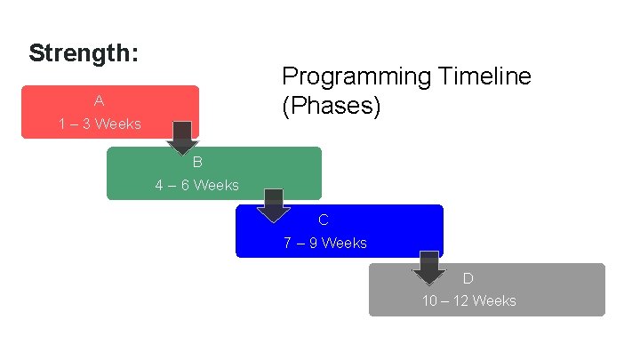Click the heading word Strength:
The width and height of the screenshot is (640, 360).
84,53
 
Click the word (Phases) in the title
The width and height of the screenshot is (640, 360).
332,107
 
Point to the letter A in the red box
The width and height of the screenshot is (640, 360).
100,101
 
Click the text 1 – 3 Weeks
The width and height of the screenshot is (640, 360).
100,124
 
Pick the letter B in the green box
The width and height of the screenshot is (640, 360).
197,163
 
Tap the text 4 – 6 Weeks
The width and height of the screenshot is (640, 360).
196,185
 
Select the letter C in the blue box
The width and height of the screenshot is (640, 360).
324,220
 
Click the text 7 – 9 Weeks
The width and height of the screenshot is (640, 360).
325,243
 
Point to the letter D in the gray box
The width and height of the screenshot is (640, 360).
468,278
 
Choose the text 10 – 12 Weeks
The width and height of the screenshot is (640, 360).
468,300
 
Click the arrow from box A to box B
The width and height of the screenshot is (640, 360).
183,138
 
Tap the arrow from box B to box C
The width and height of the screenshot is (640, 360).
274,205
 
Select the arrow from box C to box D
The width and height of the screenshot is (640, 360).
429,268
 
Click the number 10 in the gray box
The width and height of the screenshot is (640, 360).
429,300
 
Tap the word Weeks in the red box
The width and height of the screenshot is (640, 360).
118,124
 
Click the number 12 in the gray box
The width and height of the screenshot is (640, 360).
460,300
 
